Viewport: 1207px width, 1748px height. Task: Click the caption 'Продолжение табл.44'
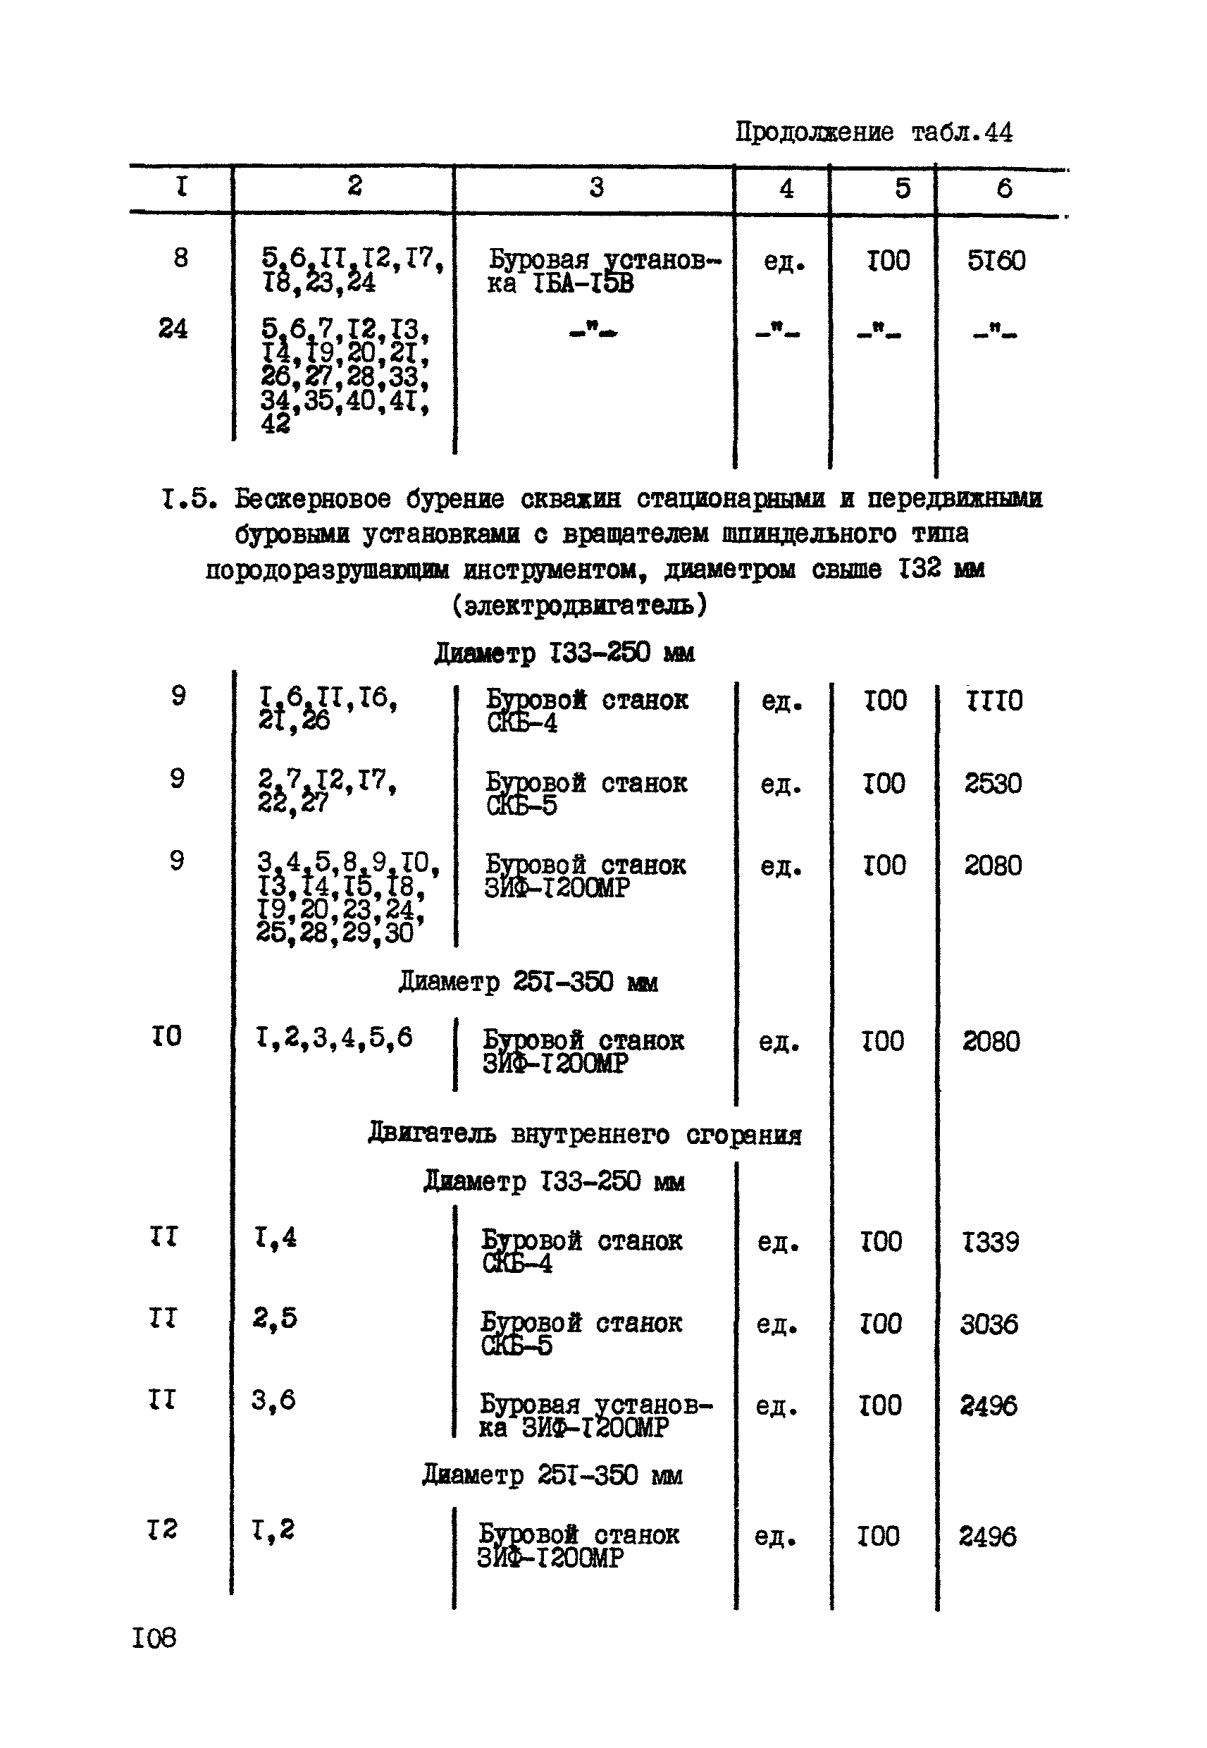click(x=874, y=133)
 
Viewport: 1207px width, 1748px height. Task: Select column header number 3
click(x=596, y=187)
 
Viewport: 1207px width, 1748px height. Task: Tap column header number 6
click(x=1003, y=188)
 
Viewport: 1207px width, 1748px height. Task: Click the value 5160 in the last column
click(x=996, y=261)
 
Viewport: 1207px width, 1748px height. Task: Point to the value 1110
click(x=994, y=701)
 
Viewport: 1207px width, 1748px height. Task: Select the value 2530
click(x=992, y=783)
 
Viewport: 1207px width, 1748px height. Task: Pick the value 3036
click(x=989, y=1324)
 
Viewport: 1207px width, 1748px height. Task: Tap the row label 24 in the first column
click(x=173, y=328)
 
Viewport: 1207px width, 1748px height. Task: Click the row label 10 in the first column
click(x=166, y=1035)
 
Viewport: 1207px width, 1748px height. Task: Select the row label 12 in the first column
click(x=162, y=1529)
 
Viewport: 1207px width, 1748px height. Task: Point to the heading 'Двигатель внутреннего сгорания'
click(x=584, y=1135)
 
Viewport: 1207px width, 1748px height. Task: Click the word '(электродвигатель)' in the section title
click(x=579, y=605)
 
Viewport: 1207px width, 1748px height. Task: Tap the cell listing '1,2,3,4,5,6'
click(x=334, y=1037)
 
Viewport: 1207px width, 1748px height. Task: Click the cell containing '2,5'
click(x=275, y=1317)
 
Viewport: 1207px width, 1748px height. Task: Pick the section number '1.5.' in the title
click(x=189, y=498)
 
